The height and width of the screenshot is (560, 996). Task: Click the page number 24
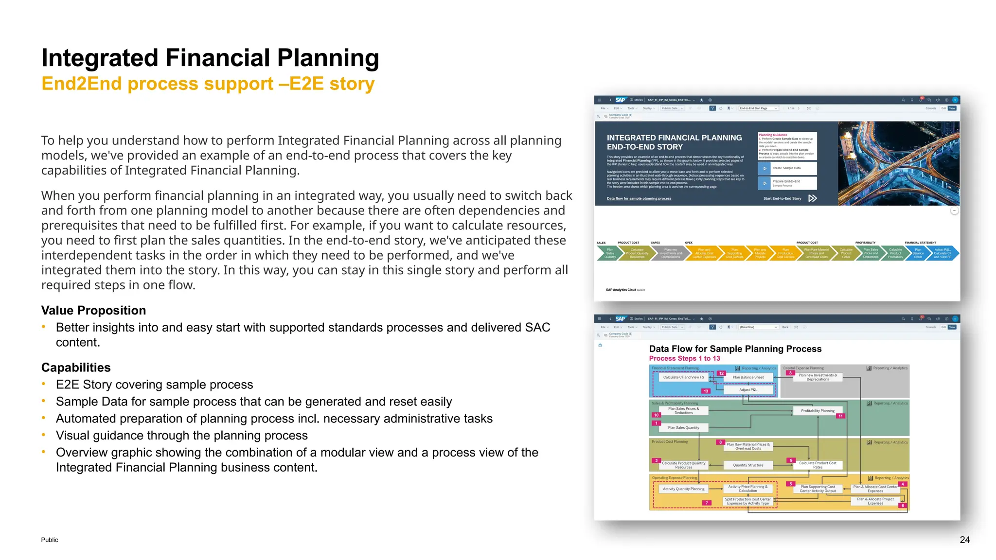point(964,540)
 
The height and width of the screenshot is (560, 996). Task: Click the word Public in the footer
point(50,540)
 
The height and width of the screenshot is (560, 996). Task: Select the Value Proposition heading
point(93,310)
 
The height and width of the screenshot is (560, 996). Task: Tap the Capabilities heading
point(76,367)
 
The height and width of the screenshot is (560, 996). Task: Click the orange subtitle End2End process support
point(208,84)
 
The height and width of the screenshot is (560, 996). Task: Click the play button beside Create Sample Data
point(765,168)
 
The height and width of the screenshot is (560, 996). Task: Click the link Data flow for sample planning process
point(639,198)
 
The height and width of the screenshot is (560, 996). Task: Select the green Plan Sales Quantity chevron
point(609,253)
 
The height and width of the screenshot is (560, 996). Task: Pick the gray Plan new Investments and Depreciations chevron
point(670,253)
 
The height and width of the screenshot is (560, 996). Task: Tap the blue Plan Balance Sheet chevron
point(918,253)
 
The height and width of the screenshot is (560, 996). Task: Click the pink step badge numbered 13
point(706,391)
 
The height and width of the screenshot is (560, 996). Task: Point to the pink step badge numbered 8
point(720,442)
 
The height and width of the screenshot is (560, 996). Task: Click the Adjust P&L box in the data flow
point(748,390)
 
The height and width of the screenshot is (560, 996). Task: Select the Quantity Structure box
point(748,465)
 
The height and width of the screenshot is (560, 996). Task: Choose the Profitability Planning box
point(818,411)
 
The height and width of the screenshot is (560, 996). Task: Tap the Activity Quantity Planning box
point(683,489)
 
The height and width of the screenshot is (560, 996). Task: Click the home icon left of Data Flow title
point(600,346)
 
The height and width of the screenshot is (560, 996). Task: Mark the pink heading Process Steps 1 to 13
point(684,358)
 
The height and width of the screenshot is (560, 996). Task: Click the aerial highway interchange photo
point(898,163)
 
